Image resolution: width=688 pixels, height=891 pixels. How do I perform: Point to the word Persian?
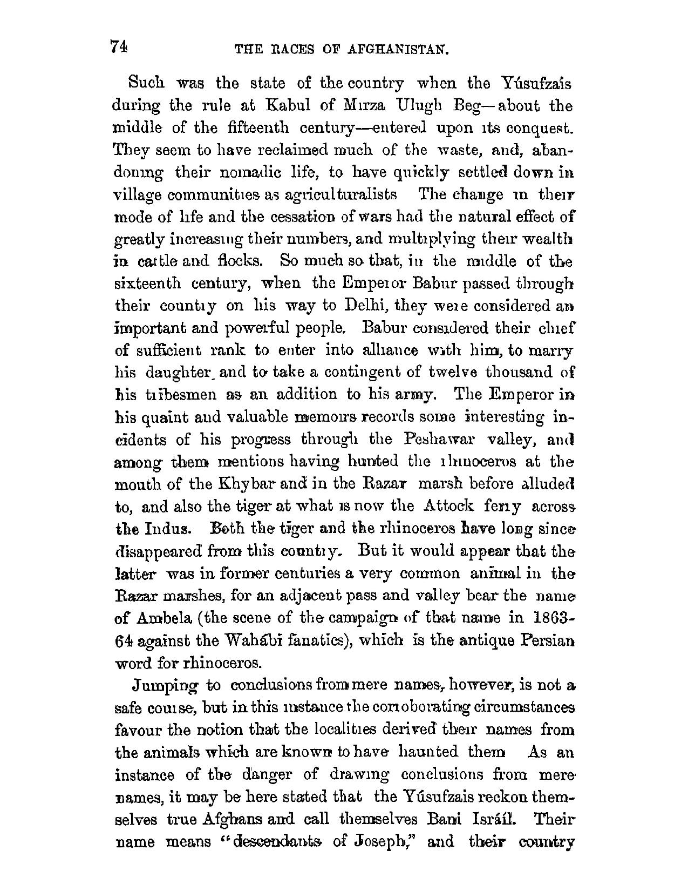[547, 640]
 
